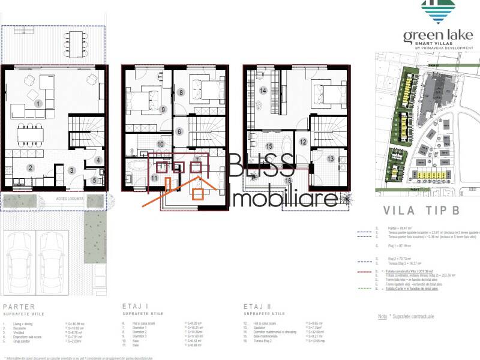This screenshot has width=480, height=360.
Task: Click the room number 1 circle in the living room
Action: (x=38, y=104)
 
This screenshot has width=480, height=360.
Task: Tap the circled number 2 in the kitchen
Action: (x=30, y=168)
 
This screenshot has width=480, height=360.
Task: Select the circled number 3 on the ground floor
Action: (x=71, y=171)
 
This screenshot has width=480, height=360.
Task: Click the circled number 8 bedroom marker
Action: (x=180, y=92)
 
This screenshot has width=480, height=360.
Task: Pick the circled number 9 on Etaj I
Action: (x=163, y=109)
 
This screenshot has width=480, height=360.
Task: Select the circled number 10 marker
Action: (x=160, y=144)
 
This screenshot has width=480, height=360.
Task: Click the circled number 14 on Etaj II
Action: (x=263, y=91)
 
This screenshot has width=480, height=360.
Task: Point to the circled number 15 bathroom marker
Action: (x=269, y=146)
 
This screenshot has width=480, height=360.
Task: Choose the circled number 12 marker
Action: (x=303, y=142)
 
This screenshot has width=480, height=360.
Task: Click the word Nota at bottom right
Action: (x=382, y=317)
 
